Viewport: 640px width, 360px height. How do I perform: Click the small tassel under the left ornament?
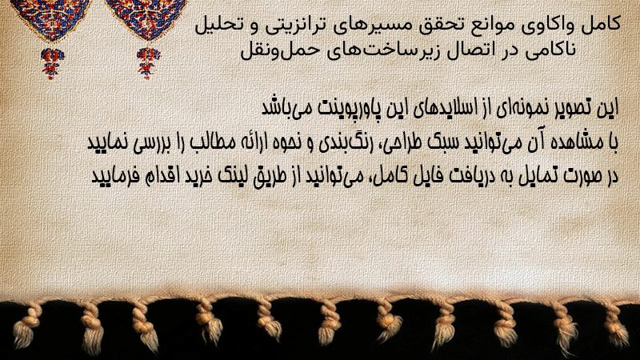[52, 63]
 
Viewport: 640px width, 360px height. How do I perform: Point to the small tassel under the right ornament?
[148, 63]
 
